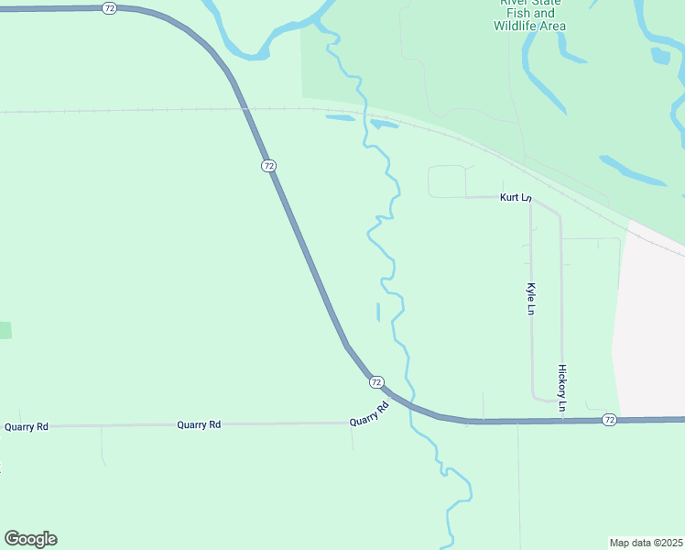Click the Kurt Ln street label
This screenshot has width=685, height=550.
click(x=515, y=198)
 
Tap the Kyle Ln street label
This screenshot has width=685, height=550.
click(x=530, y=299)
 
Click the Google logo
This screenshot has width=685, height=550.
click(x=30, y=539)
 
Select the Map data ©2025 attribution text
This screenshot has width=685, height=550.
click(x=646, y=542)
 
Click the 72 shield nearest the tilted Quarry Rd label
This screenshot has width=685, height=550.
click(x=376, y=381)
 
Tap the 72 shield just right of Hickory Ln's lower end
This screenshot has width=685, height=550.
click(x=610, y=419)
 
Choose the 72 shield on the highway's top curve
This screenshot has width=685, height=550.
click(x=110, y=7)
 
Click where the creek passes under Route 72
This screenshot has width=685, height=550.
click(x=409, y=408)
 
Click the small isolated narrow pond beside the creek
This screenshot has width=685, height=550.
click(x=378, y=312)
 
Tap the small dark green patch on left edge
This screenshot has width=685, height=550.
click(x=5, y=330)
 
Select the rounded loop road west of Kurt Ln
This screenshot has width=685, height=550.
click(x=447, y=181)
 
